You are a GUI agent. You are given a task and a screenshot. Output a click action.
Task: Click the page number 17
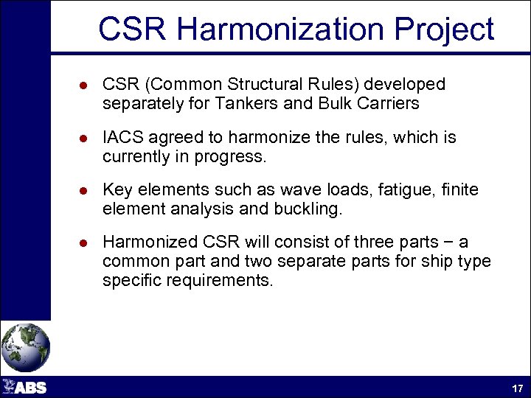(517, 388)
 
